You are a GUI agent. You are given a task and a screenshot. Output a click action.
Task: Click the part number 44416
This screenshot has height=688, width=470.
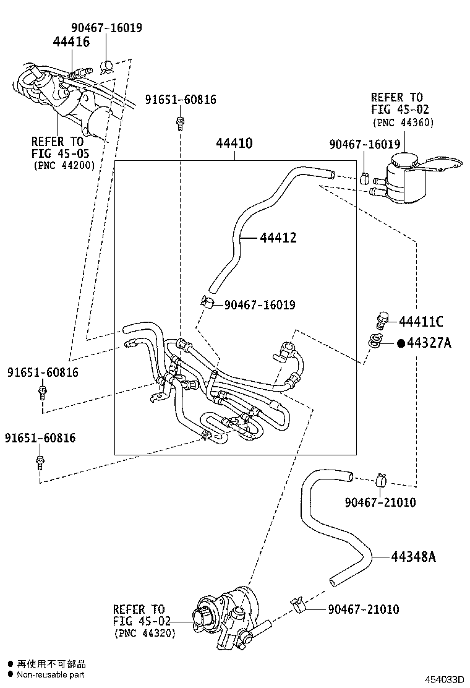[71, 42]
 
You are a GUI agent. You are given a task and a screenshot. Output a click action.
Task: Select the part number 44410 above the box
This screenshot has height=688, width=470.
[234, 144]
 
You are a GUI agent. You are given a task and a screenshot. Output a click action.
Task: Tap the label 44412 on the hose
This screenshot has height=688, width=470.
[278, 238]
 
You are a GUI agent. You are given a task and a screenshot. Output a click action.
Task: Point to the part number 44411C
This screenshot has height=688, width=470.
[421, 322]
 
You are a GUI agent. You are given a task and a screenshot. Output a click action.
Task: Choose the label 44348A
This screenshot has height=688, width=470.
[413, 557]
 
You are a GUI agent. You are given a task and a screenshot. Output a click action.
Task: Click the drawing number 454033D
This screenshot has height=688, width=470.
[443, 679]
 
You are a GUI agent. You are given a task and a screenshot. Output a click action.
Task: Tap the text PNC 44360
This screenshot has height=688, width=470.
[403, 123]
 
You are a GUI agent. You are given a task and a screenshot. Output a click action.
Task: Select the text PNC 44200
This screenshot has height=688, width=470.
[63, 165]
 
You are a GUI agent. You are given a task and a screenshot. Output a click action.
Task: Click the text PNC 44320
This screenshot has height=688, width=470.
[144, 634]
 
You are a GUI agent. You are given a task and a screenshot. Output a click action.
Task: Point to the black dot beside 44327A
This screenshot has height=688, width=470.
[400, 343]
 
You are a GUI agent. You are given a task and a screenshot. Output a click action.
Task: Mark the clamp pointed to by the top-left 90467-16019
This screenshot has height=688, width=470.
[107, 66]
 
